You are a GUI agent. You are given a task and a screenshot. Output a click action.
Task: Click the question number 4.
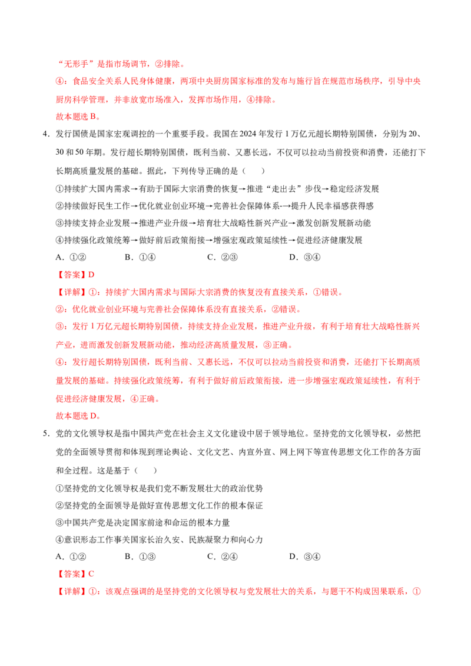pos(45,134)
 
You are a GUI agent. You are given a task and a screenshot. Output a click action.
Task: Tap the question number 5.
pos(45,434)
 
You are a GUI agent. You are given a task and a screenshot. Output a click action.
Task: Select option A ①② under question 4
pos(71,257)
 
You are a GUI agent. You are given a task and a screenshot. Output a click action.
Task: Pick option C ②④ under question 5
pos(223,557)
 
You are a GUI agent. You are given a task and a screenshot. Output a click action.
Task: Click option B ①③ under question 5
pos(140,557)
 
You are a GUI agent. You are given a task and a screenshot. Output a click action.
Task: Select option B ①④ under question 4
pos(140,257)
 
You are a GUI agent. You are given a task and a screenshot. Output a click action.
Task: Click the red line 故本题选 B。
pos(78,117)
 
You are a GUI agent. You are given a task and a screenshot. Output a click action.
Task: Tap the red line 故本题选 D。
pos(78,417)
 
